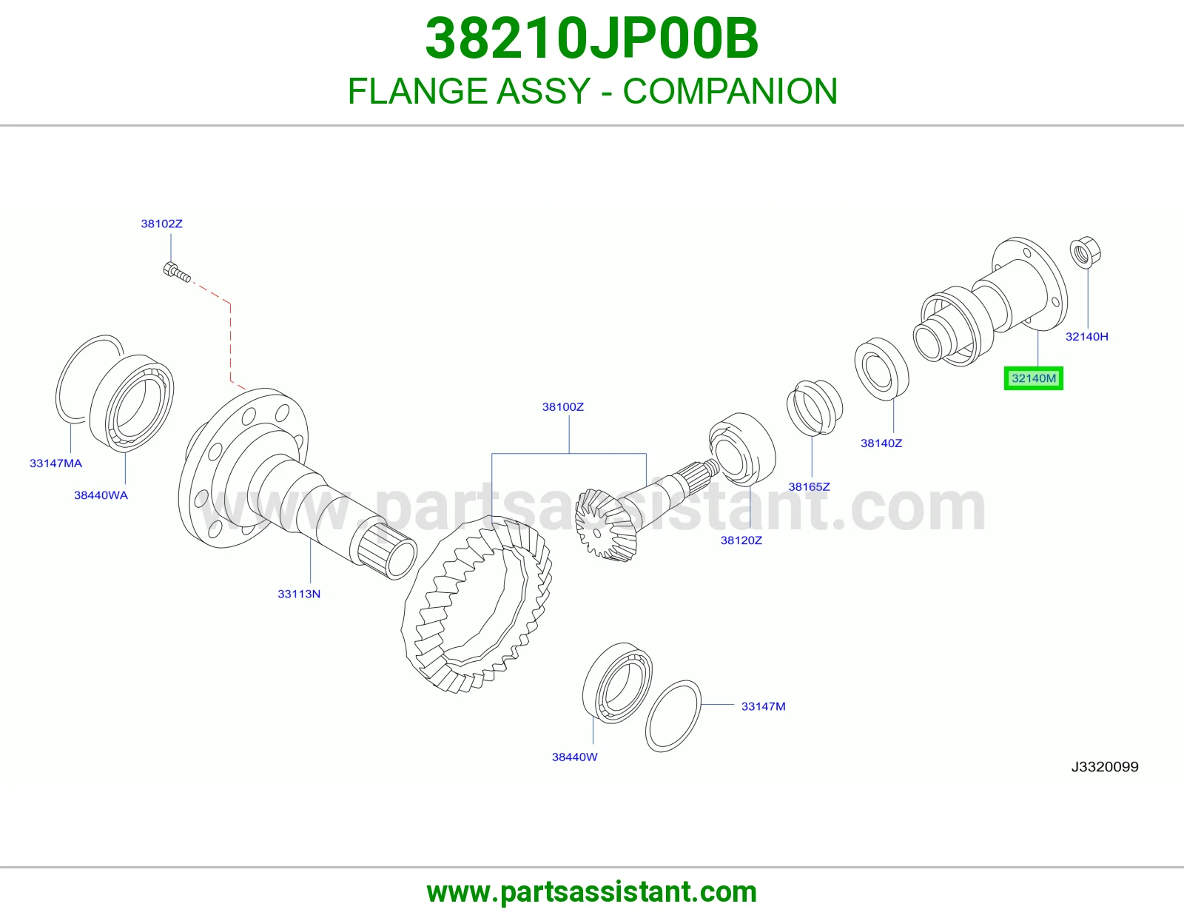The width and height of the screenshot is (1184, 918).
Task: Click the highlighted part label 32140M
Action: (1034, 378)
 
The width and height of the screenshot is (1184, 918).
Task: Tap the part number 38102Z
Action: (162, 224)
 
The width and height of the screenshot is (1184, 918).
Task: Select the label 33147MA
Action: (55, 463)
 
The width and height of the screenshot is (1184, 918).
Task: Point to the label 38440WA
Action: (101, 495)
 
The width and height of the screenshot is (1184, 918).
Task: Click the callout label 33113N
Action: (299, 594)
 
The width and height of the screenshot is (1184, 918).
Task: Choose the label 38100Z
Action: (563, 407)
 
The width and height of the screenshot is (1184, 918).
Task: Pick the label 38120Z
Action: (741, 540)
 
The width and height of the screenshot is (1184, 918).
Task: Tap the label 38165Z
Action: (809, 487)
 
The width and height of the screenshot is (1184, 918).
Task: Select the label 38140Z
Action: (881, 443)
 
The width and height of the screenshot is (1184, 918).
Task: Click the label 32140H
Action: (1087, 337)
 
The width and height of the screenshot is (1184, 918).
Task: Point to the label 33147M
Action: (764, 706)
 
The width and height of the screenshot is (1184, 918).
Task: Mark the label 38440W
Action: (575, 757)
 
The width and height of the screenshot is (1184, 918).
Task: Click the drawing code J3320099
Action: (1105, 767)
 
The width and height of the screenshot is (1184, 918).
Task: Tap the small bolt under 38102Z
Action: (177, 272)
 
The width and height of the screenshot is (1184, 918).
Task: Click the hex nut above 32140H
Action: (1086, 252)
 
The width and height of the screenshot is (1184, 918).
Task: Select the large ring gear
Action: (477, 605)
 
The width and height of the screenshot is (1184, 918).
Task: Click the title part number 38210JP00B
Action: (592, 38)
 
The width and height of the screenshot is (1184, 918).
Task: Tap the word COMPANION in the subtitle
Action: (730, 91)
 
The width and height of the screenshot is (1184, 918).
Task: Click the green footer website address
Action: (592, 892)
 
